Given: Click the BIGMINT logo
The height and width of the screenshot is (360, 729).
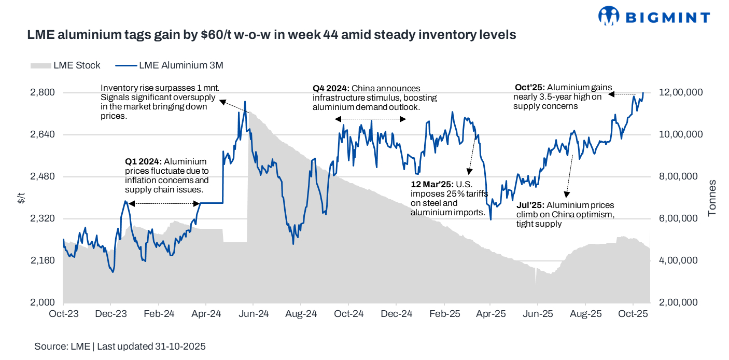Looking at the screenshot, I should tap(654, 16).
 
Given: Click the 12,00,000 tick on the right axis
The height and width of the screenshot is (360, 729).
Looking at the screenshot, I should tap(681, 92).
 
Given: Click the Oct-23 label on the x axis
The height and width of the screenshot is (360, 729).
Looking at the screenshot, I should tap(63, 314).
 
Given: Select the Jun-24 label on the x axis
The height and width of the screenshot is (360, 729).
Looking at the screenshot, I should tap(253, 314).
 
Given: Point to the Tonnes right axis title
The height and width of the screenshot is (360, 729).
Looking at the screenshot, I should tap(712, 198).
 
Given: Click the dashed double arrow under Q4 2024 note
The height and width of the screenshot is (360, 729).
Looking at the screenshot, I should tap(370, 119).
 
